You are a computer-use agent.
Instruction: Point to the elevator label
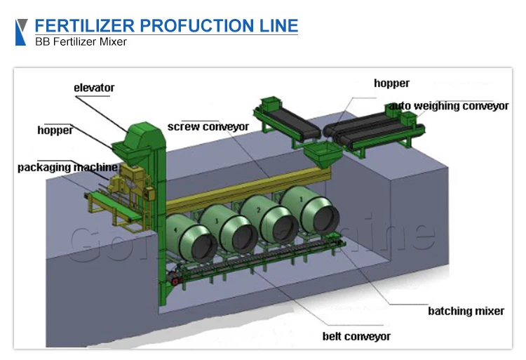click(x=94, y=88)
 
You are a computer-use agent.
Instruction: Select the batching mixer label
click(x=466, y=311)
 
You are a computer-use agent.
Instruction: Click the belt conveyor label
click(x=356, y=336)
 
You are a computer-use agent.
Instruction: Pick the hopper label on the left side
click(x=55, y=130)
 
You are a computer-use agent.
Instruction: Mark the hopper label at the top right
click(x=391, y=84)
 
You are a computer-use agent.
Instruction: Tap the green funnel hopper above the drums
click(x=320, y=156)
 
